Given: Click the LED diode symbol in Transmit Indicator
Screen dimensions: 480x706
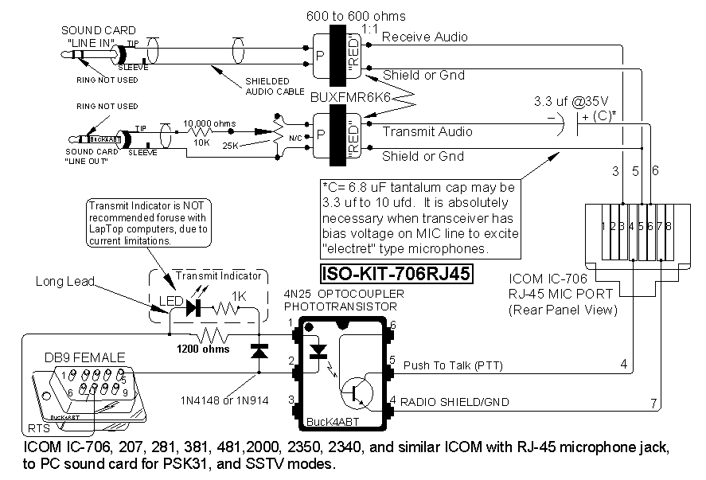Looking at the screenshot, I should tap(192, 308).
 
